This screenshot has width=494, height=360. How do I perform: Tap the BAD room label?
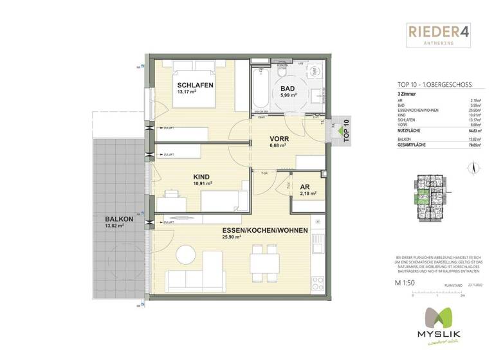coord(288,88)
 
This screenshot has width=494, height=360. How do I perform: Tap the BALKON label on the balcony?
coord(119,219)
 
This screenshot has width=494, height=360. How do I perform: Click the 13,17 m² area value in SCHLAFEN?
coord(187,92)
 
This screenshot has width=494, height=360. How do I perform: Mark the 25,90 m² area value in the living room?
coord(232,237)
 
